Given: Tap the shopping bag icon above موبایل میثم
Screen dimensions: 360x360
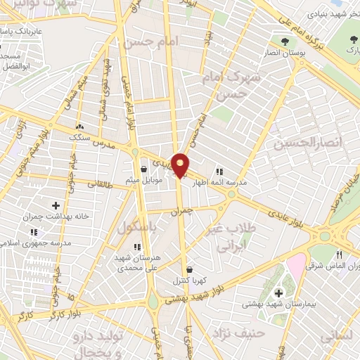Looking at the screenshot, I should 143,169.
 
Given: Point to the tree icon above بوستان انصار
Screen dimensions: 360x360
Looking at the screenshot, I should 284,41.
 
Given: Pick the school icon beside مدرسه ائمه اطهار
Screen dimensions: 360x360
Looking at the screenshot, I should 219,171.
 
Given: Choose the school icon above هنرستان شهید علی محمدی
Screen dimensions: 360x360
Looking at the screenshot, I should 137,247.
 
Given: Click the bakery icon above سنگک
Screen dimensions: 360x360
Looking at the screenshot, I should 78,127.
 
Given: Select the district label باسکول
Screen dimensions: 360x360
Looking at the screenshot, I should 136,229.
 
